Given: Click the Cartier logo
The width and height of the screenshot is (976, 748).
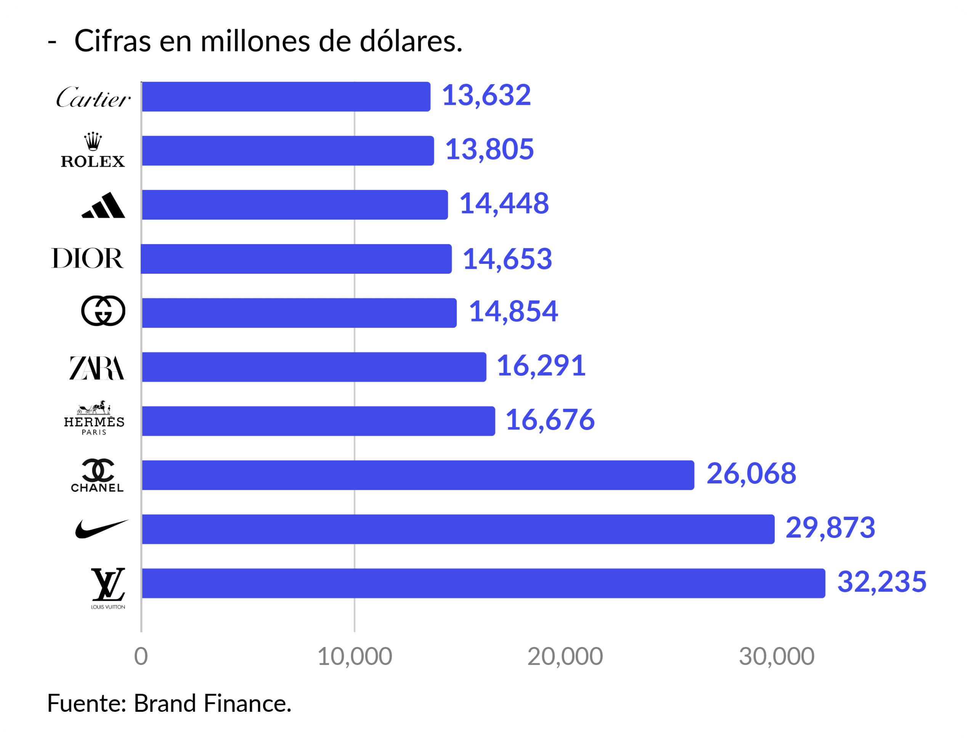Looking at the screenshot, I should [x=93, y=97].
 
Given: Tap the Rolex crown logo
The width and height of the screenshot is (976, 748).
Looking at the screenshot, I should [x=93, y=151].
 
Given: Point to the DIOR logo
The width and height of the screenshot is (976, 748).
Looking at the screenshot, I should [x=87, y=259].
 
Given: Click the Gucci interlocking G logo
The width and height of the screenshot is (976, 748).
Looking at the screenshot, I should [x=103, y=311].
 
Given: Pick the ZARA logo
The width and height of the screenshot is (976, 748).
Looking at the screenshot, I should [x=97, y=368].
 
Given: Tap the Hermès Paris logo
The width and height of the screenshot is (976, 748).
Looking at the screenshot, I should [x=94, y=418].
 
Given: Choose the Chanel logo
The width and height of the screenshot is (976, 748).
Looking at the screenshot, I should [x=98, y=475].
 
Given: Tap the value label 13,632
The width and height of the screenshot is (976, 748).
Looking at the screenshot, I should [x=486, y=95].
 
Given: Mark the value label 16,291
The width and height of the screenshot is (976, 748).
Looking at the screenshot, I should [x=541, y=366].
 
